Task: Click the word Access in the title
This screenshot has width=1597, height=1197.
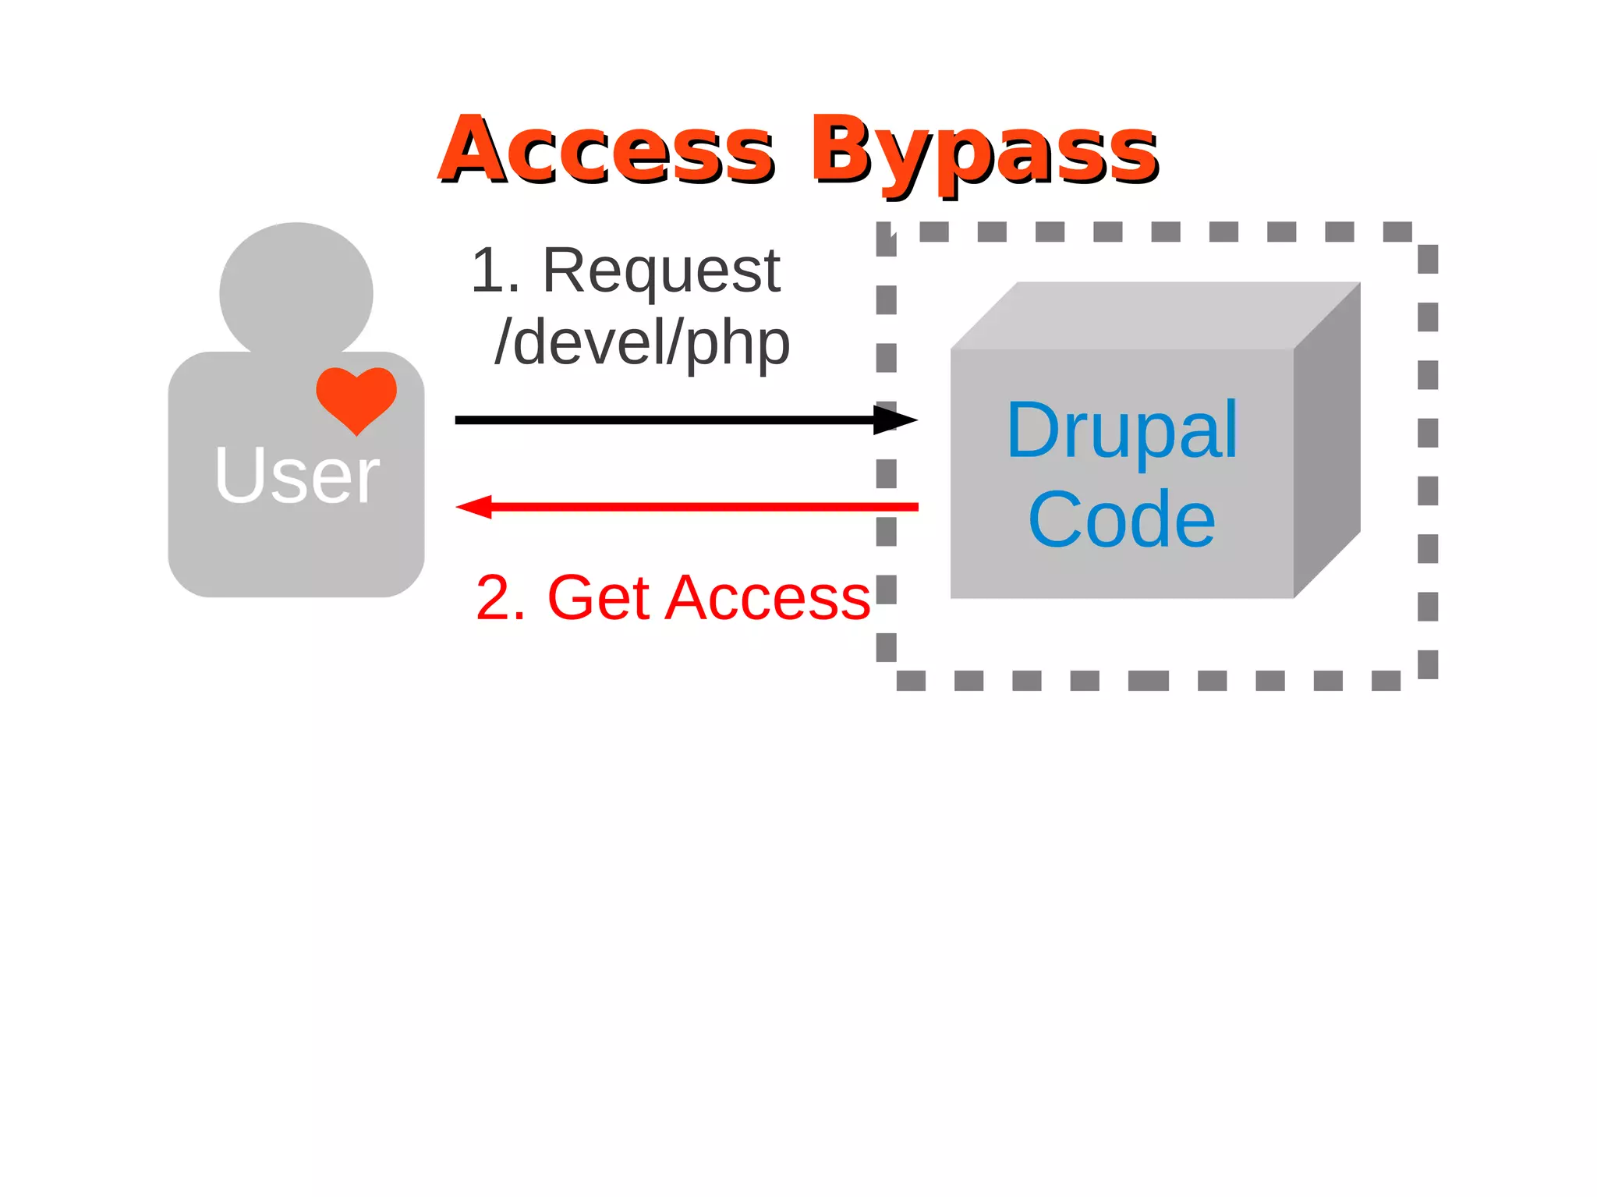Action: (x=607, y=151)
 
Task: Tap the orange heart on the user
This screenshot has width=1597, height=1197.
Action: (x=356, y=396)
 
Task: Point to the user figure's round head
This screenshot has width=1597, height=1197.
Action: (x=296, y=289)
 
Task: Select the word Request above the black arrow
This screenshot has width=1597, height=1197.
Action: (x=661, y=271)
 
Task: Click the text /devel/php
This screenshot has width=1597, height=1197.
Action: (x=643, y=342)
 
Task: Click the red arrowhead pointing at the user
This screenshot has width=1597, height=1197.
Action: (x=476, y=507)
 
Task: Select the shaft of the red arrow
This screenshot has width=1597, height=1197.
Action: (x=702, y=507)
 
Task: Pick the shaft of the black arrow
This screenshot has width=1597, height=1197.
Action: (x=663, y=420)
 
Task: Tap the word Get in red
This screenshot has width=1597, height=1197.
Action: (x=599, y=598)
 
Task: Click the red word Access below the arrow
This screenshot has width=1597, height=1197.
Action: (x=767, y=598)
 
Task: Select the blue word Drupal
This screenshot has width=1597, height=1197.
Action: (x=1121, y=430)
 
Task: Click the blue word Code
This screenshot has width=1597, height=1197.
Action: (x=1121, y=519)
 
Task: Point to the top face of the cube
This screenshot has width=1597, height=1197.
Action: (x=1154, y=316)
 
